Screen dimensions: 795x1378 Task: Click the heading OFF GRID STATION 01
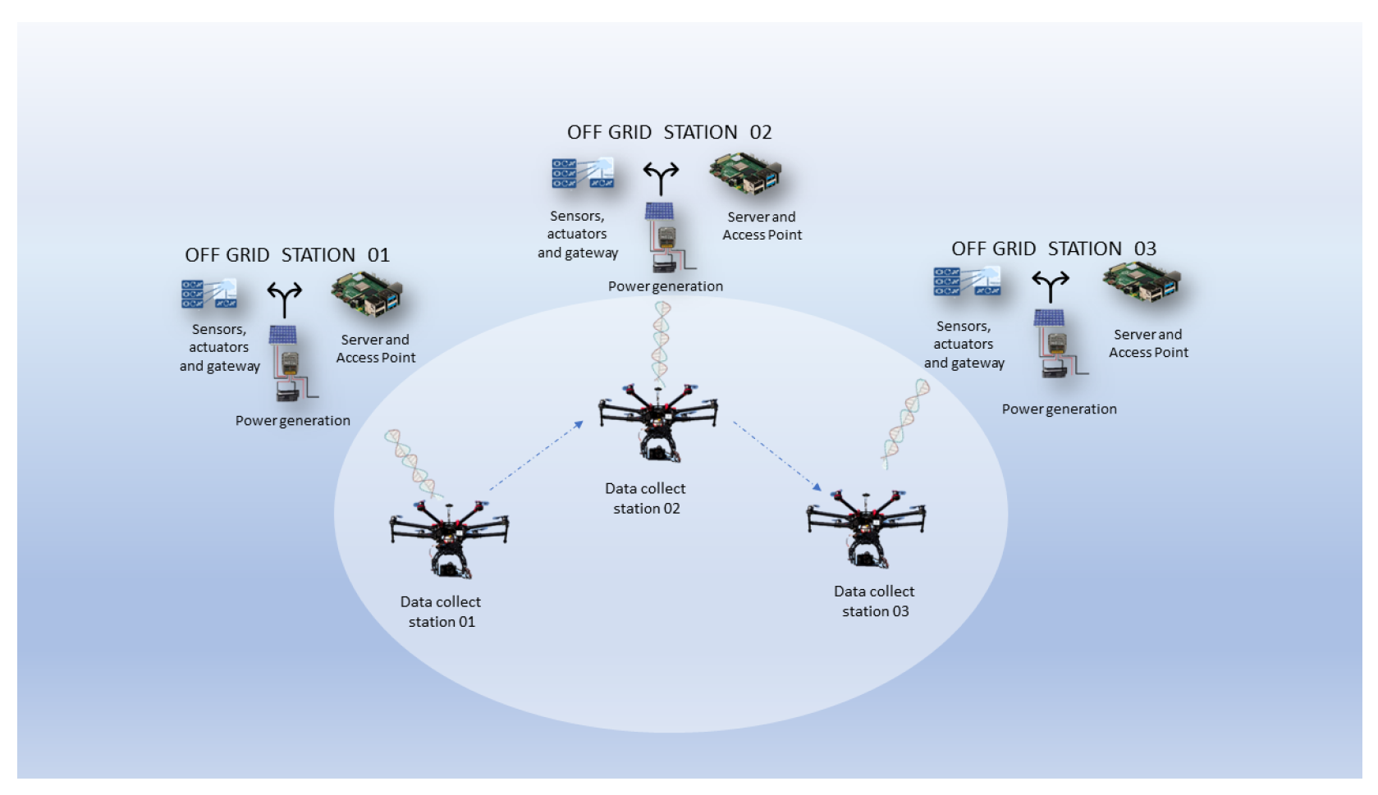coord(287,254)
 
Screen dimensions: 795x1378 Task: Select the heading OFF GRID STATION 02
coord(669,132)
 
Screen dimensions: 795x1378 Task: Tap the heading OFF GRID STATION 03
coord(1054,249)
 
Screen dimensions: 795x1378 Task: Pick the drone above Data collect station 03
coord(866,526)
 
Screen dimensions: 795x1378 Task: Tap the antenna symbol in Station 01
coord(284,299)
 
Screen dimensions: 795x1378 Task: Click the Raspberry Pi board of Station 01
coord(367,296)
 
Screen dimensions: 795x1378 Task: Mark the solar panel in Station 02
coord(659,212)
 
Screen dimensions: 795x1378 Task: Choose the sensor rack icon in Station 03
coord(966,281)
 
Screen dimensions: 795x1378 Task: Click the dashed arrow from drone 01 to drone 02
coord(536,455)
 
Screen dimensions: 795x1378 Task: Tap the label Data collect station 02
coord(646,498)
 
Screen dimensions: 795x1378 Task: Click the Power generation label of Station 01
coord(293,420)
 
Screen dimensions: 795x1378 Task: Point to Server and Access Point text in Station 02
coord(762,226)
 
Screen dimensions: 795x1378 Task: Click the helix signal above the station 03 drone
coord(905,423)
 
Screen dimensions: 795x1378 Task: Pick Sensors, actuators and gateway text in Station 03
coord(964,345)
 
